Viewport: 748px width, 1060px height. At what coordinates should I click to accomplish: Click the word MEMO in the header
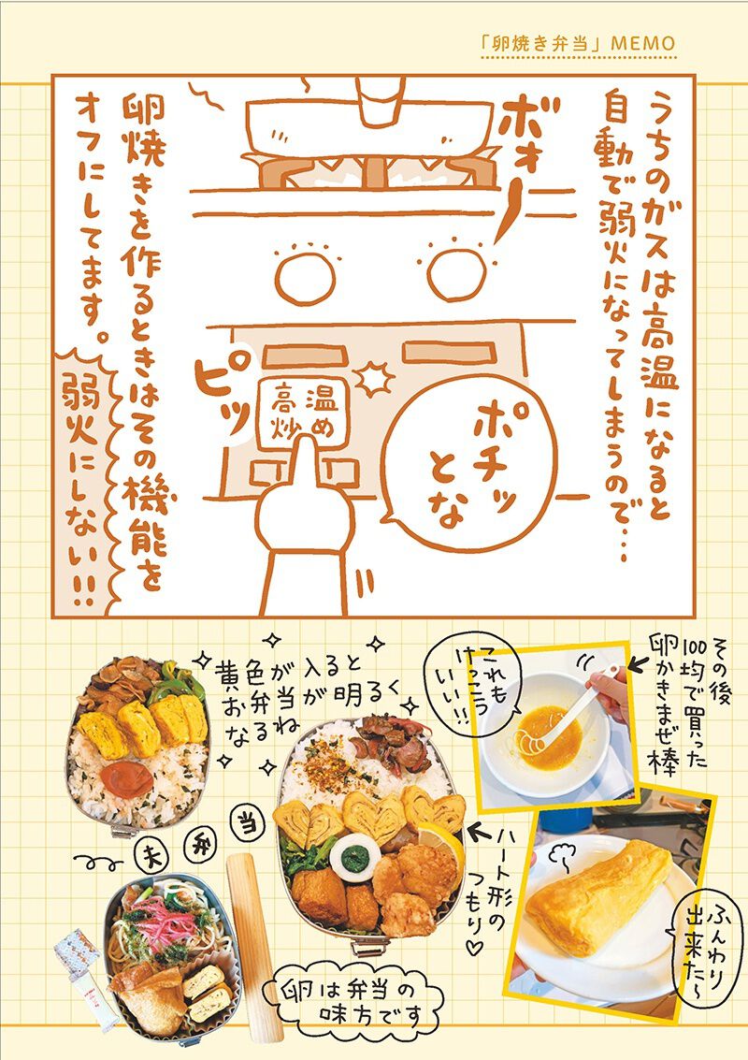[x=642, y=44]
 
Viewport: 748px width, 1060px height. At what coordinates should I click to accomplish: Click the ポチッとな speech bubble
[x=468, y=462]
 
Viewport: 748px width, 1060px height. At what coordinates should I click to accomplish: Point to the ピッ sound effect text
[x=221, y=388]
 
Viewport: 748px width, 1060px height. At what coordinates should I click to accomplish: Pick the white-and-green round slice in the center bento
[x=355, y=859]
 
